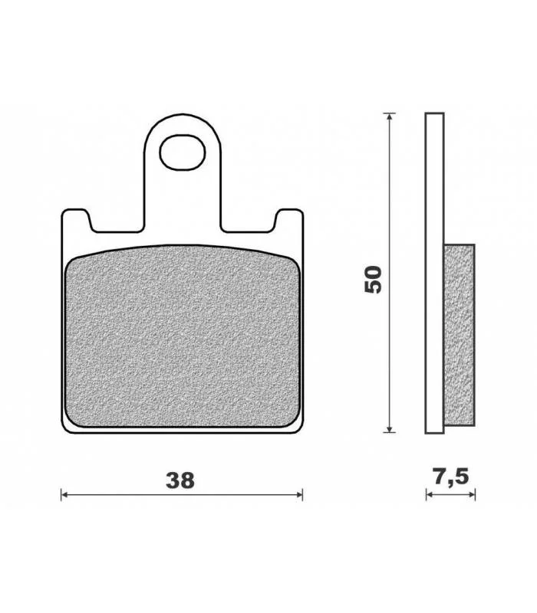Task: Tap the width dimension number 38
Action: tap(180, 480)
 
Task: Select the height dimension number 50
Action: tap(373, 279)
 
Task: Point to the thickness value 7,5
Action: tap(451, 477)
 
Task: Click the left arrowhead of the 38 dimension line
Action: tap(64, 494)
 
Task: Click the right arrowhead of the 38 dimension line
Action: tap(299, 494)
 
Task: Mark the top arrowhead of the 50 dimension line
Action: tap(389, 116)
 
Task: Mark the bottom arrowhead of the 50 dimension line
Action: tap(389, 429)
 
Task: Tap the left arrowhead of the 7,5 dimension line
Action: tap(429, 494)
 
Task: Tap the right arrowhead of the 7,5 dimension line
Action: tap(472, 494)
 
